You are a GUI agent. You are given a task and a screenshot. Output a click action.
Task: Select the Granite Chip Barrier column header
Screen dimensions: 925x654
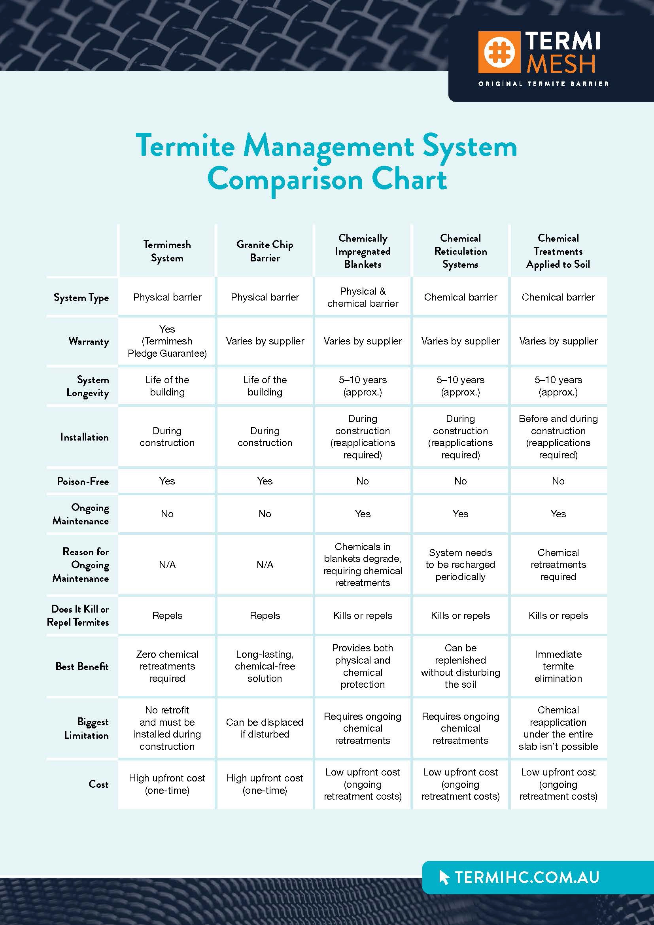tap(265, 251)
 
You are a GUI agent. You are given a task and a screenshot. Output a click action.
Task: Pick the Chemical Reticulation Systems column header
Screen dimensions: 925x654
tap(460, 251)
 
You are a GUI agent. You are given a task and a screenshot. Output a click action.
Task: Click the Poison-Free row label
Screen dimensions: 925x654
tap(83, 481)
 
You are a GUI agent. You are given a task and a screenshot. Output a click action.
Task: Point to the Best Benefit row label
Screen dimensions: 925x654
tap(82, 666)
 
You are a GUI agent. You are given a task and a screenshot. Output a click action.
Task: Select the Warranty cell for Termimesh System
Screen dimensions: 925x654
tap(167, 341)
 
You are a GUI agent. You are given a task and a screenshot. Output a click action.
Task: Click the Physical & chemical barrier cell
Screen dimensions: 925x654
tap(363, 297)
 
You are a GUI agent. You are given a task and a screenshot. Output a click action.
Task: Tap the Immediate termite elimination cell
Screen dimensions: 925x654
tap(558, 666)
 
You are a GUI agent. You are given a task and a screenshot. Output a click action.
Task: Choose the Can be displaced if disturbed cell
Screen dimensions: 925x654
tap(265, 728)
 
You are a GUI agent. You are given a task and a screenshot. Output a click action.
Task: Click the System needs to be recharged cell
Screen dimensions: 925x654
tap(460, 564)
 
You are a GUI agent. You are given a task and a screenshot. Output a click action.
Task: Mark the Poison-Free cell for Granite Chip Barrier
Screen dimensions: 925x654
tap(265, 481)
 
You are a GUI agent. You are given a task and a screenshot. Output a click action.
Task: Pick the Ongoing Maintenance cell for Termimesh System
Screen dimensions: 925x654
tap(167, 514)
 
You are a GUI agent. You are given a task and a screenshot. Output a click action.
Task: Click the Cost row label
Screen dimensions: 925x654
tap(99, 784)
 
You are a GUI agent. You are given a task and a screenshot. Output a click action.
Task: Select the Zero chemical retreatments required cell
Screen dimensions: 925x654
tap(167, 666)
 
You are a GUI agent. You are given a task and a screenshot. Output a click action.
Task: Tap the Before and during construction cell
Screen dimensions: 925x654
tap(558, 437)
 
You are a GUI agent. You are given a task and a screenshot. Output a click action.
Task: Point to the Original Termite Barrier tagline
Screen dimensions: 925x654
tap(543, 84)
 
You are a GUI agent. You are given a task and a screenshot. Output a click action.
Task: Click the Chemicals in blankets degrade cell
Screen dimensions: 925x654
tap(363, 564)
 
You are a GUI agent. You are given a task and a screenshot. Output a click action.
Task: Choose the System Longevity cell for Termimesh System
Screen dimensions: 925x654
tap(167, 386)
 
